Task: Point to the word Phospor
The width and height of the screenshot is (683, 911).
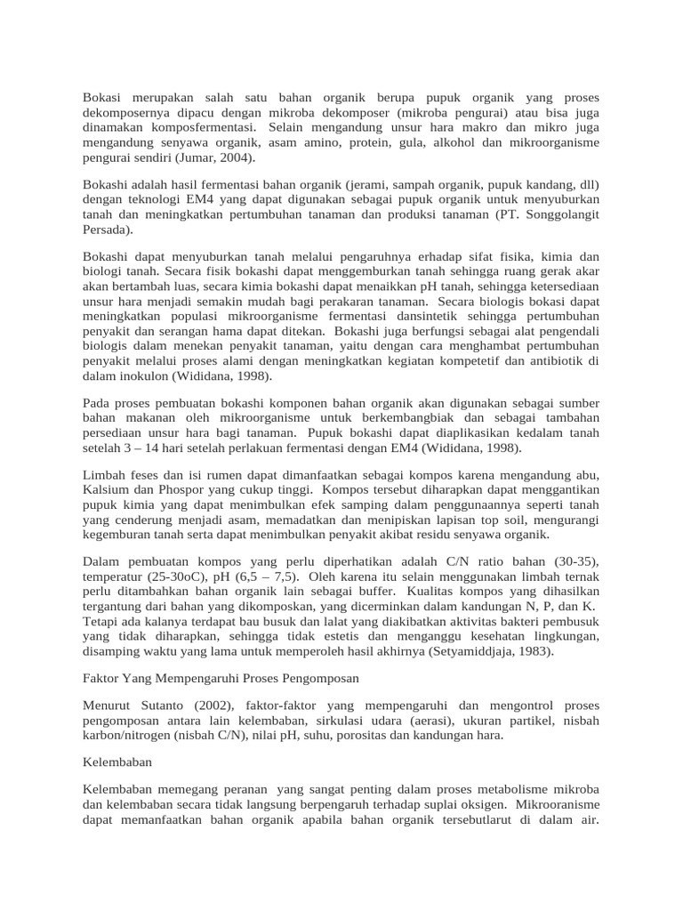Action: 183,489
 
